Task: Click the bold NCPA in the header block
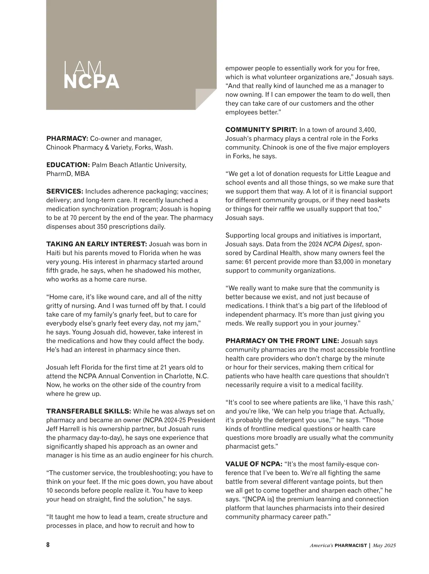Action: pyautogui.click(x=91, y=82)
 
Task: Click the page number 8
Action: pyautogui.click(x=48, y=545)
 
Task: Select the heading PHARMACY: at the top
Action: pyautogui.click(x=67, y=138)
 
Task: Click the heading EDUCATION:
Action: pyautogui.click(x=68, y=165)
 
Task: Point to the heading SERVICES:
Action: pyautogui.click(x=65, y=191)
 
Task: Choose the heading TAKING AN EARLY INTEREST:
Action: pyautogui.click(x=97, y=244)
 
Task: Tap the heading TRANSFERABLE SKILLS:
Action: pyautogui.click(x=89, y=411)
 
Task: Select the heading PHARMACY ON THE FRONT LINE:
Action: pyautogui.click(x=282, y=341)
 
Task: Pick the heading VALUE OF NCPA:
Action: pyautogui.click(x=254, y=464)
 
